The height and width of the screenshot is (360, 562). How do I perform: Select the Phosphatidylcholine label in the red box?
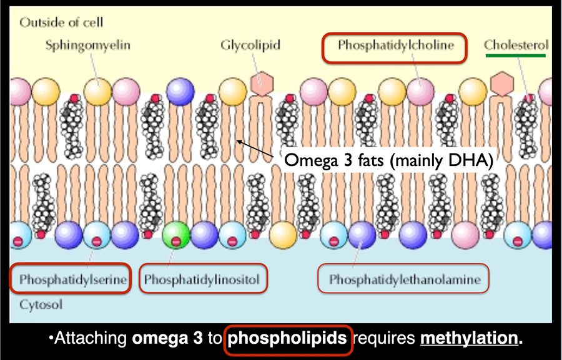pos(394,46)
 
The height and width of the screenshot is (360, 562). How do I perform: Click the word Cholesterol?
pos(516,46)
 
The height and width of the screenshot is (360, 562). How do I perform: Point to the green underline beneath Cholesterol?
pos(516,56)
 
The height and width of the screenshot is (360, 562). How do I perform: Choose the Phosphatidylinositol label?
pos(202,280)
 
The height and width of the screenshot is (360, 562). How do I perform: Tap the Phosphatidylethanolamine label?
pos(405,280)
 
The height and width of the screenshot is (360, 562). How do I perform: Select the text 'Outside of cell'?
pos(61,23)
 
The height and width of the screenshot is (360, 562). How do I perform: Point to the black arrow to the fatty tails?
pos(256,148)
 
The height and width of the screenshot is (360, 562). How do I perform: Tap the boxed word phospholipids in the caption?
pos(288,339)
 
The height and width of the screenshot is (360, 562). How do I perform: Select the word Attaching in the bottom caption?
pos(92,339)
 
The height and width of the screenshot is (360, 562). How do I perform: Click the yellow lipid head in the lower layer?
pos(283,236)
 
